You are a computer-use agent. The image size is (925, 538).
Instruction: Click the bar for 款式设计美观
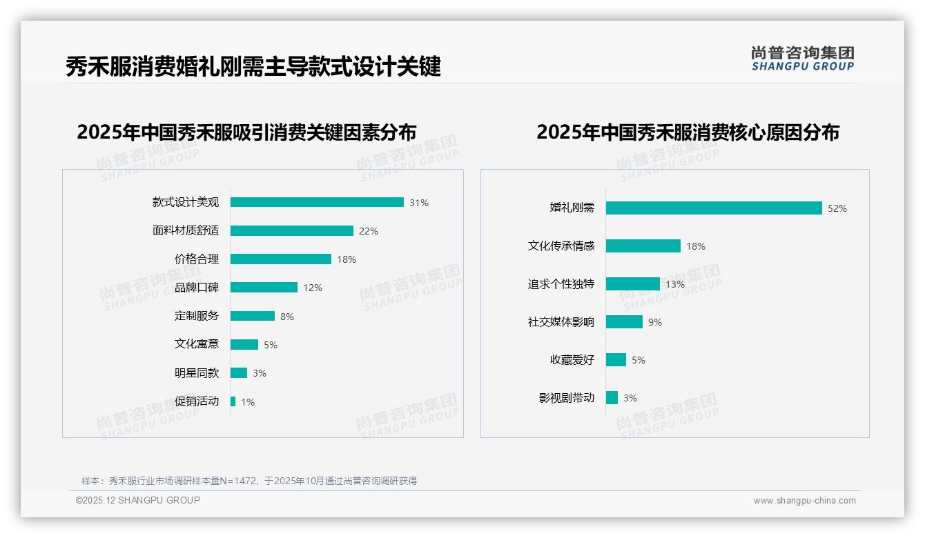coord(317,202)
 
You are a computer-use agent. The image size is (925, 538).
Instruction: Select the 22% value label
coord(369,231)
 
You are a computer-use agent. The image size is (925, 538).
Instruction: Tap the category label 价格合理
coord(197,259)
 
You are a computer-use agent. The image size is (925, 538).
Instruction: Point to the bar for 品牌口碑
coord(264,288)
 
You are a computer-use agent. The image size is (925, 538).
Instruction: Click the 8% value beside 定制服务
coord(287,317)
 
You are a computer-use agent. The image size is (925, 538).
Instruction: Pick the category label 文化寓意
coord(197,344)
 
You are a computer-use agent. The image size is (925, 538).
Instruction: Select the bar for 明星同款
coord(239,373)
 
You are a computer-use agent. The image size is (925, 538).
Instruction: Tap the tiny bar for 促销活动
coord(233,401)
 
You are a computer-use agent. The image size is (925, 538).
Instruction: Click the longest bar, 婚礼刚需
coord(714,208)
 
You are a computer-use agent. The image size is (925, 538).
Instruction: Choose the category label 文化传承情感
coord(561,246)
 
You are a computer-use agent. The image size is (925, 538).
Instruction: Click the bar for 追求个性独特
coord(633,284)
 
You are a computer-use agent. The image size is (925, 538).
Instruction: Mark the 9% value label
coord(655,322)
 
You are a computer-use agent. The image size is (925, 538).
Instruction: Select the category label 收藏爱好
coord(572,360)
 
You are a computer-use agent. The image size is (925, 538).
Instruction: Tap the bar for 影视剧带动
coord(612,398)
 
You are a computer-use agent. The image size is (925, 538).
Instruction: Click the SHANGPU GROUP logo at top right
coord(802,59)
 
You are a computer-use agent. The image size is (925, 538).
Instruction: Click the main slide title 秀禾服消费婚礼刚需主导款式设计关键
coord(253,68)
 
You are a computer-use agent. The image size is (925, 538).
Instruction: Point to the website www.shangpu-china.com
coord(804,501)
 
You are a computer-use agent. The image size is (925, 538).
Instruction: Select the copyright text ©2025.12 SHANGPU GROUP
coord(138,500)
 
